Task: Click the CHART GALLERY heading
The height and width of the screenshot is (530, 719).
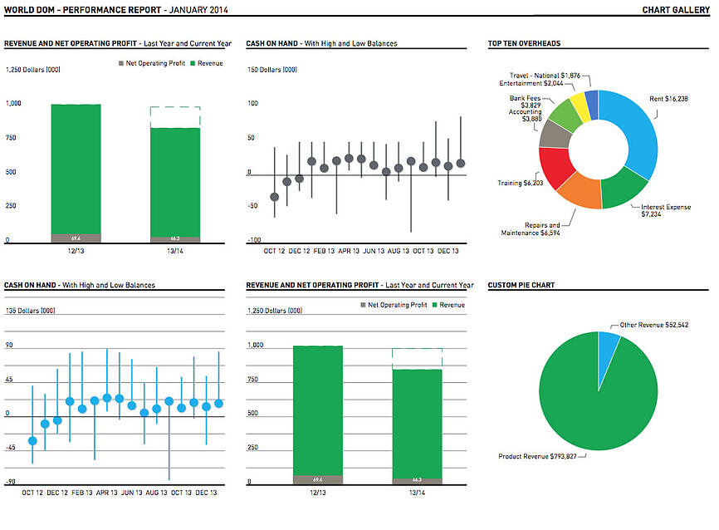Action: tap(675, 10)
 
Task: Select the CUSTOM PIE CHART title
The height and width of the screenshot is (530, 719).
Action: tap(521, 285)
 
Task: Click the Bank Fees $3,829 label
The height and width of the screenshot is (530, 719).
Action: tap(525, 101)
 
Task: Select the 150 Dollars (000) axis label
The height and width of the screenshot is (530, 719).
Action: tap(271, 70)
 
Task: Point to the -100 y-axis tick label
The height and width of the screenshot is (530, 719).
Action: tap(254, 241)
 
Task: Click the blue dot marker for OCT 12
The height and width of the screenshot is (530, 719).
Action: tap(32, 440)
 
